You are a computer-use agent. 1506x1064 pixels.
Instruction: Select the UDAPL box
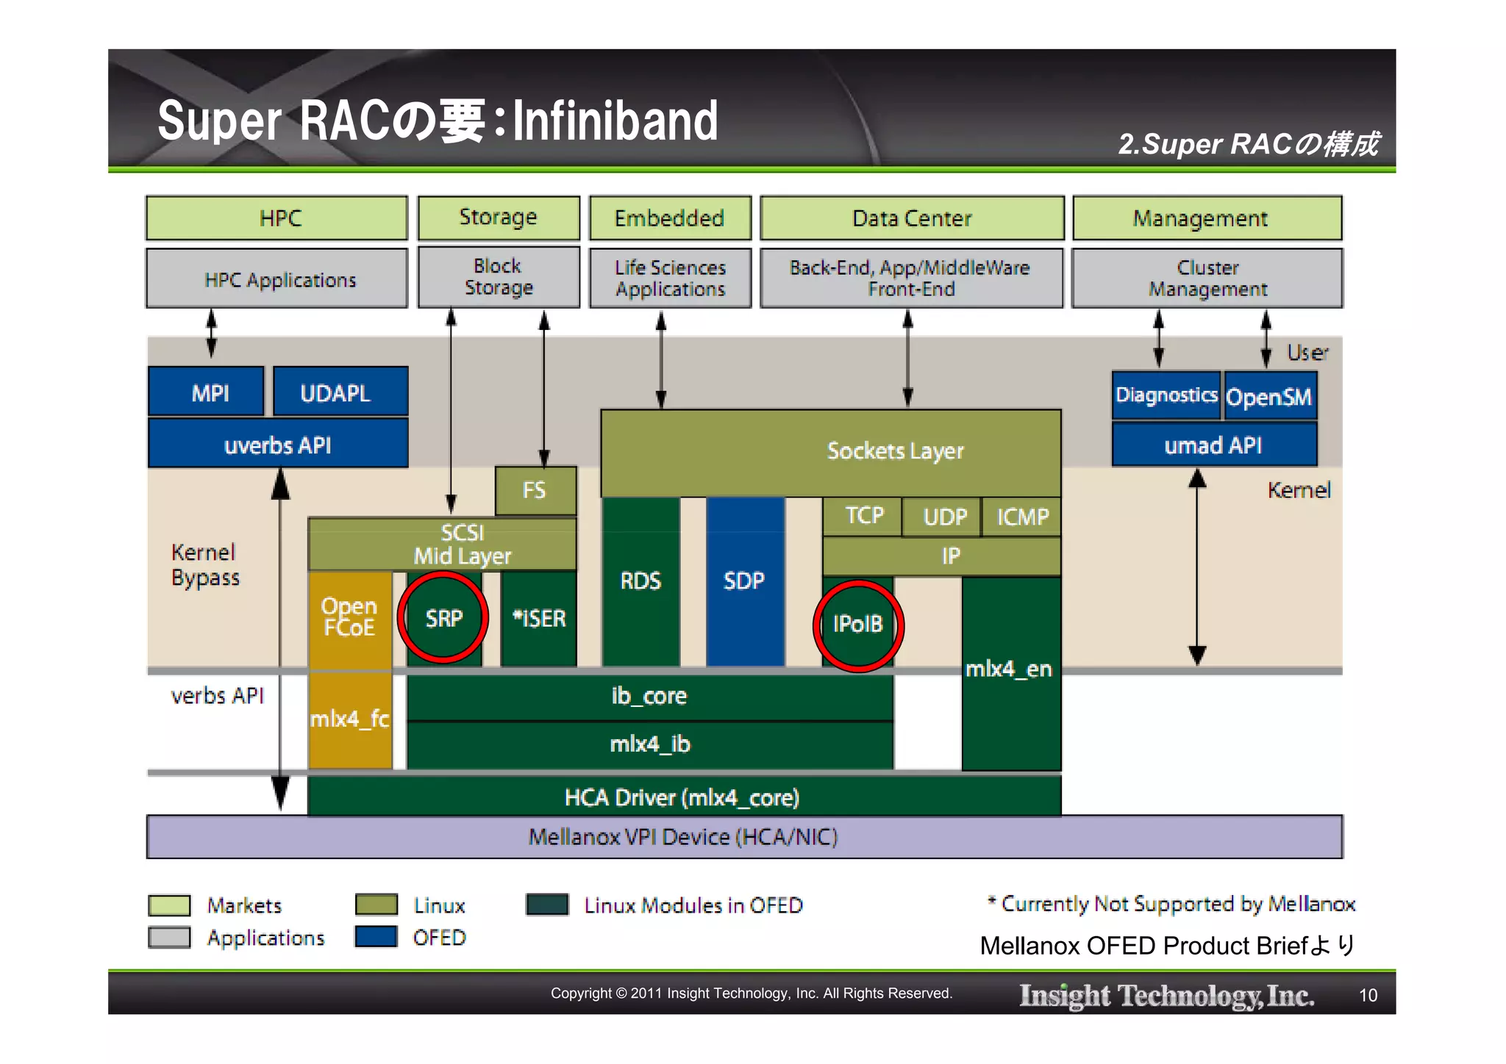(340, 392)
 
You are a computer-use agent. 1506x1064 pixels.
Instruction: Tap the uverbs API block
(277, 445)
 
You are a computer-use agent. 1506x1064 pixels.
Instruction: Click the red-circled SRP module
(443, 618)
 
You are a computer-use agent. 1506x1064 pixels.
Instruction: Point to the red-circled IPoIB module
(857, 625)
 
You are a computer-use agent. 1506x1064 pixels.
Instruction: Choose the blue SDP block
(744, 580)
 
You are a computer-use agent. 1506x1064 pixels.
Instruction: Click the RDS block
(640, 580)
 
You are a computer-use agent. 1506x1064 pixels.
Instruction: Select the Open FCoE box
(349, 617)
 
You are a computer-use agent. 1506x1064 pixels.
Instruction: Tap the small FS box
(535, 490)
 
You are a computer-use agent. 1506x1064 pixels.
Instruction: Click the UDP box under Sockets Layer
(943, 517)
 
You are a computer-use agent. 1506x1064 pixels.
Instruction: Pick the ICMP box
(1022, 517)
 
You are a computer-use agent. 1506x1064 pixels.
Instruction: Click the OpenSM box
(1269, 397)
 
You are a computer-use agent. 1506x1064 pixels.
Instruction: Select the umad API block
(1213, 445)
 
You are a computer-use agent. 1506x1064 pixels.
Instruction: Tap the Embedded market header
(669, 218)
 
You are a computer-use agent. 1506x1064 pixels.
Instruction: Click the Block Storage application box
(499, 277)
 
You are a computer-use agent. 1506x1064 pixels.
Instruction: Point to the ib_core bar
(649, 696)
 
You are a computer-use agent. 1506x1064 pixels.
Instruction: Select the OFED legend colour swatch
(376, 937)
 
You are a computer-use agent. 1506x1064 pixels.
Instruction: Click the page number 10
(1368, 996)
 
